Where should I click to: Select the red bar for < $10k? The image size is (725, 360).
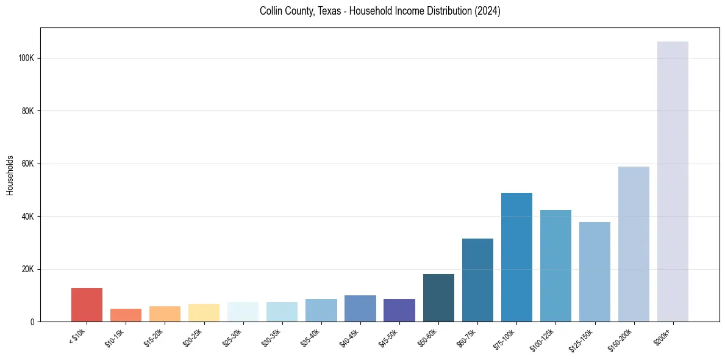click(x=87, y=304)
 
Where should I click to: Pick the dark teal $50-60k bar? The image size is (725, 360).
click(x=438, y=298)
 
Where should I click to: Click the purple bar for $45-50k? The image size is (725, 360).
click(x=399, y=310)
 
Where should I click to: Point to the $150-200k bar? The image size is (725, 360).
click(x=634, y=244)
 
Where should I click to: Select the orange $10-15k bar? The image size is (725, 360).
click(x=126, y=315)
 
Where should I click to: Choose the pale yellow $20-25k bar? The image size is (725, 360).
click(x=204, y=312)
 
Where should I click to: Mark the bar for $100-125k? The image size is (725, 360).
click(x=555, y=265)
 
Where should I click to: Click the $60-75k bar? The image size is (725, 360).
click(x=477, y=280)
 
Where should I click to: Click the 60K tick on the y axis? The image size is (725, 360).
click(x=28, y=164)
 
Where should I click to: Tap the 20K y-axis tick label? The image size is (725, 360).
click(x=28, y=269)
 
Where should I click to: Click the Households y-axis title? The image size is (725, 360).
click(x=10, y=175)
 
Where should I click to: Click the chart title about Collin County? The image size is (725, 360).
click(x=379, y=11)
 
